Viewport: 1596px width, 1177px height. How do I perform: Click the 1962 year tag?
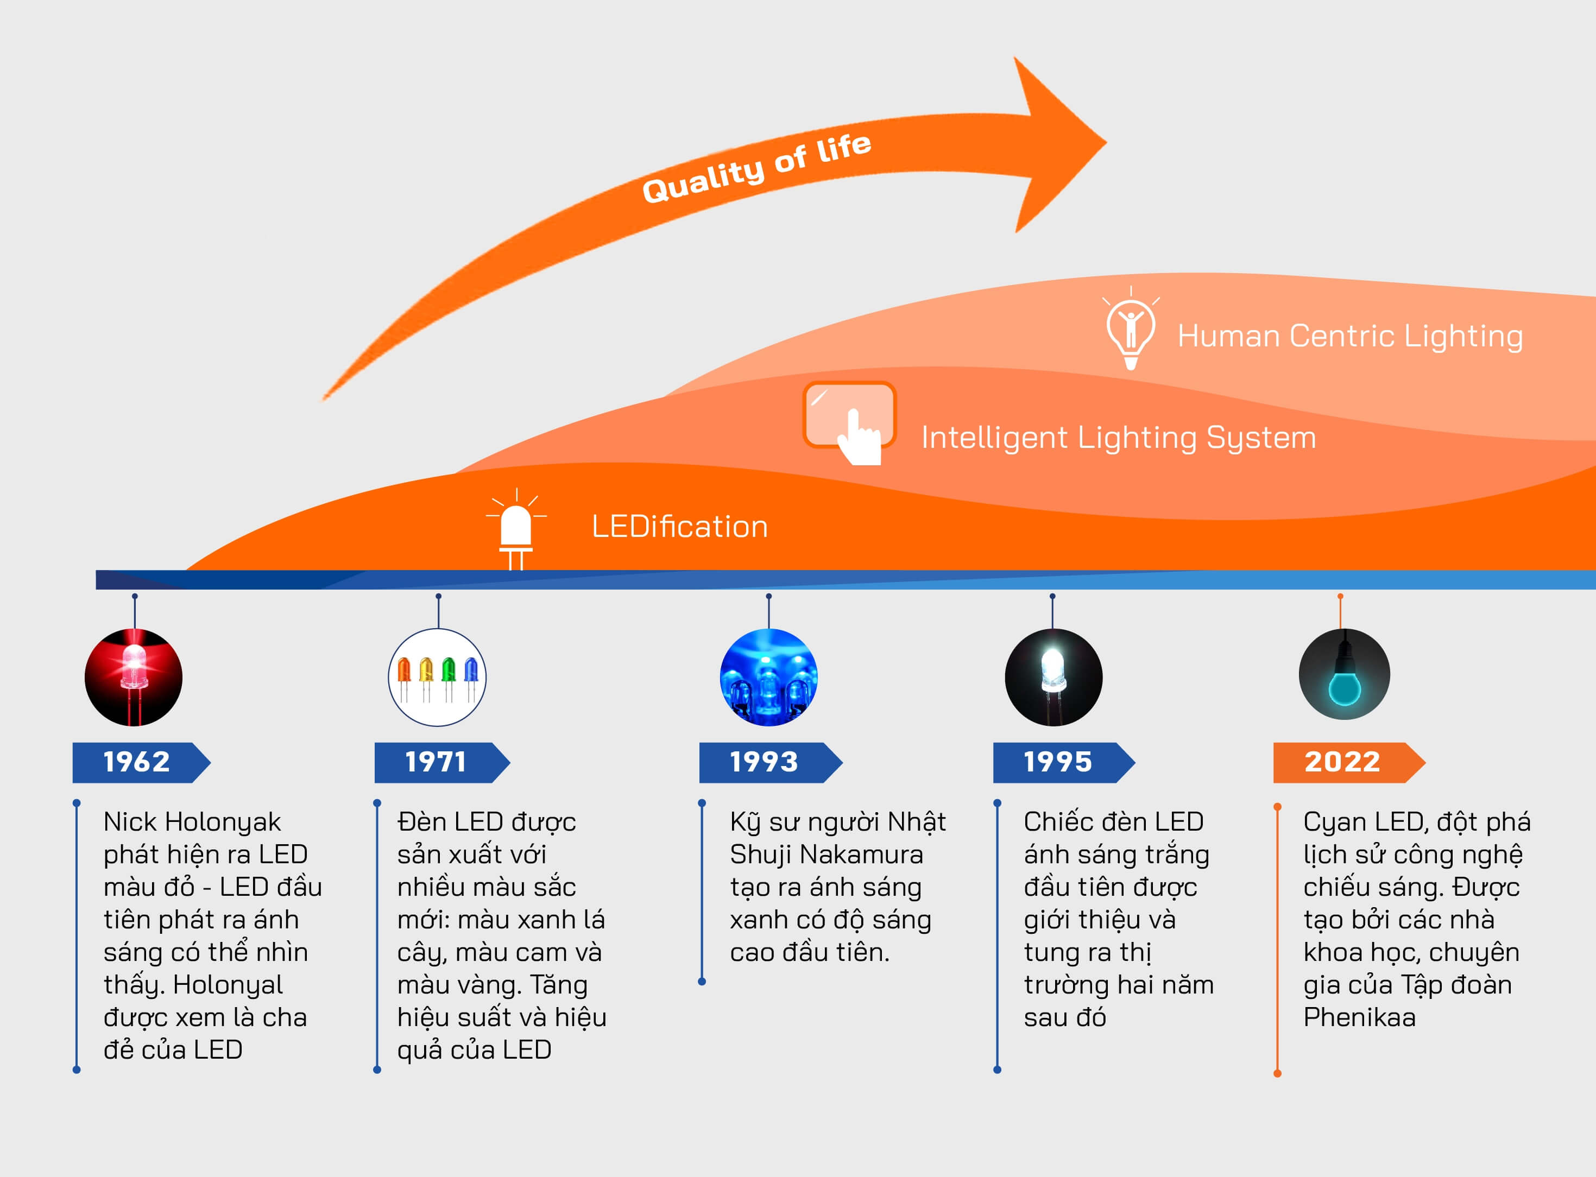click(137, 762)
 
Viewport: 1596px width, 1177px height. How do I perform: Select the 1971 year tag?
click(436, 762)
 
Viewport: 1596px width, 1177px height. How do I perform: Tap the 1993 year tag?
click(765, 762)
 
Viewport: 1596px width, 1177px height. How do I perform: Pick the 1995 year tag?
click(1058, 762)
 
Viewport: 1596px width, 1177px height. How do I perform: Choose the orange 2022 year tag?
click(1343, 762)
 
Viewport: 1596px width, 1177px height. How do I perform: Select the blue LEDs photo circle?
click(769, 678)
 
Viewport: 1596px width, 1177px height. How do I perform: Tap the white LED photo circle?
click(1053, 678)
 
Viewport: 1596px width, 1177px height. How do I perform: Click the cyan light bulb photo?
click(1344, 675)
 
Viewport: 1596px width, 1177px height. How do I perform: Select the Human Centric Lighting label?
click(1350, 336)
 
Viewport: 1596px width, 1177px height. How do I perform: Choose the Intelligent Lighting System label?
click(1119, 438)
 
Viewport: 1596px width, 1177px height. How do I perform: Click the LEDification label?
click(680, 527)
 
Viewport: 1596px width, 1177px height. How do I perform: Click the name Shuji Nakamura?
click(827, 855)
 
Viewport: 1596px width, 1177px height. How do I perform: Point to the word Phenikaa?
click(1359, 1017)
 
